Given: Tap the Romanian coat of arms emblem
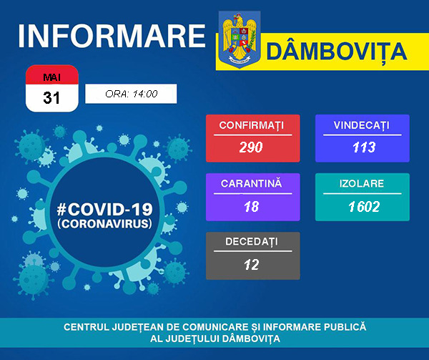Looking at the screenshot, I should point(240,39).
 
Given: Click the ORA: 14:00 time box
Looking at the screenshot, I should point(130,94).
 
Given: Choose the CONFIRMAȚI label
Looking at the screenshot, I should point(251,125).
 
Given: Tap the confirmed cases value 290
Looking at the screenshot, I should point(252,147).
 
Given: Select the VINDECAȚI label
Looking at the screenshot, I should point(361,125).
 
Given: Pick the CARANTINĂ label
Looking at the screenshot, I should point(251,184).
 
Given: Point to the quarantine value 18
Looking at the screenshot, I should point(251,206).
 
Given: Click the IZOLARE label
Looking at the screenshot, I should point(362,184).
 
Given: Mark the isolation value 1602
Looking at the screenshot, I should point(363,206).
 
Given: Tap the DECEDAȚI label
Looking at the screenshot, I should point(251,243).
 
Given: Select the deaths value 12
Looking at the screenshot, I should point(251,265).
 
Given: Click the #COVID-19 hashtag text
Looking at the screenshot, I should point(104,208).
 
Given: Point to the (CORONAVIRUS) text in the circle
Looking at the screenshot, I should point(104,223).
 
